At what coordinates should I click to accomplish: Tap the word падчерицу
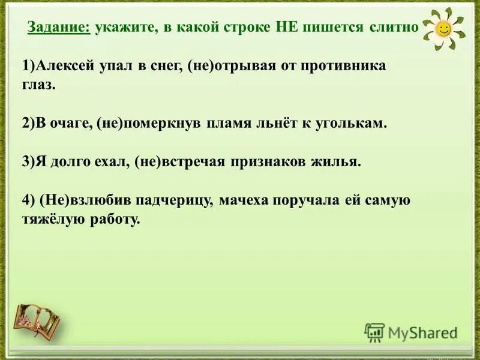tap(169, 201)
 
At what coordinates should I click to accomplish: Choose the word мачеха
tap(243, 201)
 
